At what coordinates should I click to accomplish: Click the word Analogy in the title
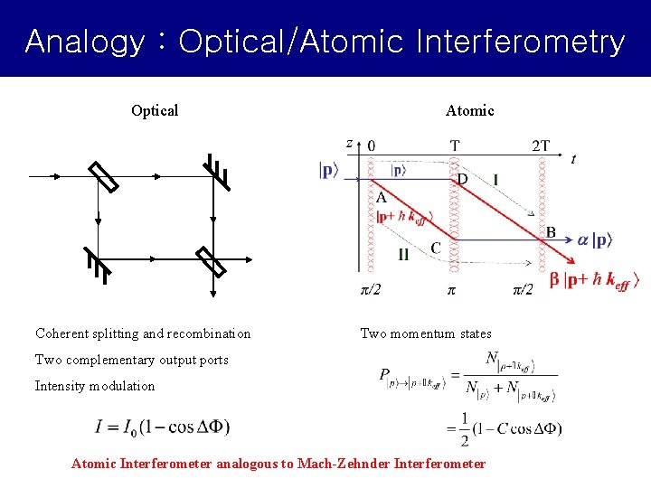[83, 42]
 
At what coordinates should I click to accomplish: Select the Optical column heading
[155, 111]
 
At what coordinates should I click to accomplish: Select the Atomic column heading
[469, 111]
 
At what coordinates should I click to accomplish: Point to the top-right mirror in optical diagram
[216, 174]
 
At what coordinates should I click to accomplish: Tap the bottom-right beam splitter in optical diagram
[212, 263]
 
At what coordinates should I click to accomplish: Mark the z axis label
[349, 143]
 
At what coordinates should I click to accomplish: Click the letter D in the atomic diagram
[462, 180]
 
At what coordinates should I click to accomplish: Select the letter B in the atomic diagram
[550, 232]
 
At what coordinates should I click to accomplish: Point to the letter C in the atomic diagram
[436, 247]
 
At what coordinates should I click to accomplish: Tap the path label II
[403, 255]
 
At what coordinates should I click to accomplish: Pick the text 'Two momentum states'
[426, 334]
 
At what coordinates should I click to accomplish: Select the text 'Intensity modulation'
[95, 386]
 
